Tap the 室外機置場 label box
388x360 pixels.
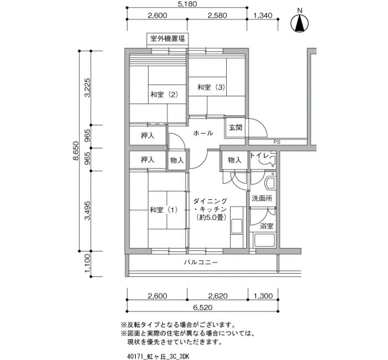pos(167,39)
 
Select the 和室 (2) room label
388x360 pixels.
pos(165,95)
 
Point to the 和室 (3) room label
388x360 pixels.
pos(211,88)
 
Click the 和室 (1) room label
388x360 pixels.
pos(164,210)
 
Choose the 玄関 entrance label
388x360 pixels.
pos(235,127)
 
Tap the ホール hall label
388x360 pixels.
pos(203,133)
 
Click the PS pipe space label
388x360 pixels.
pos(277,142)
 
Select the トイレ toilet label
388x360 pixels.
pos(259,156)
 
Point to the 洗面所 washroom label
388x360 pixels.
pos(262,198)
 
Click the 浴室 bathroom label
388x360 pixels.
pos(267,226)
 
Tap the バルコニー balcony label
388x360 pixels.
pos(201,262)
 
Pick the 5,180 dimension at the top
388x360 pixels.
pos(187,4)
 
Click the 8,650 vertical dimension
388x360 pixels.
pos(76,151)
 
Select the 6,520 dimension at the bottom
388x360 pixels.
pos(203,307)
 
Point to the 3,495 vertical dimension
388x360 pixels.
pos(87,210)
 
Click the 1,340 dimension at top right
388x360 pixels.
pos(263,16)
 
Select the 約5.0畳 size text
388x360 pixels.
pos(210,218)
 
